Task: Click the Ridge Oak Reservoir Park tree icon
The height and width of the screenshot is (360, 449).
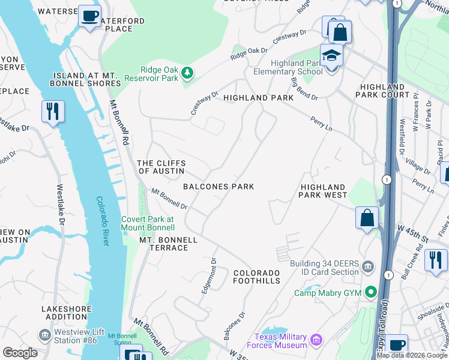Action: [188, 73]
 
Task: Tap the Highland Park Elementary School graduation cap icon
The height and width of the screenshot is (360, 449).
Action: [331, 56]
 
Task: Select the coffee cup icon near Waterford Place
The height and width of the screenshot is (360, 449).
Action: [90, 16]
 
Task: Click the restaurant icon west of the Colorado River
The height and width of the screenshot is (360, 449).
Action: [53, 112]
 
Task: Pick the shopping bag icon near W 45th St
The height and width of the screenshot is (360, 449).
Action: [367, 218]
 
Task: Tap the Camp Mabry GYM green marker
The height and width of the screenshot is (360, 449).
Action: [371, 293]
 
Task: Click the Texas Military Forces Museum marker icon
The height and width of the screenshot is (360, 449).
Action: [316, 341]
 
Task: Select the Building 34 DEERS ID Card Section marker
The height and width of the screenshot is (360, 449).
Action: [367, 265]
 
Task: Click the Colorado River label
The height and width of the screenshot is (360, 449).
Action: [103, 221]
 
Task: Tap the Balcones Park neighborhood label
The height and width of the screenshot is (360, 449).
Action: [218, 187]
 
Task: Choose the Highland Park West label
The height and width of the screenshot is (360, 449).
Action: [324, 191]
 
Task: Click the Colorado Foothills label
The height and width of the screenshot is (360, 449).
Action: [257, 277]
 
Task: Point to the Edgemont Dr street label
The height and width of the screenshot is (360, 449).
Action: [209, 276]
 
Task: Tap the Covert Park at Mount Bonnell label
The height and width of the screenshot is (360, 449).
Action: [148, 223]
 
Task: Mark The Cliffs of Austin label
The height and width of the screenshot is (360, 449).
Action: [161, 167]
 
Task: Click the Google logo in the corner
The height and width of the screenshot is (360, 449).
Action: [20, 353]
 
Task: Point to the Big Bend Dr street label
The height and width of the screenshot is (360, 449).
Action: [304, 88]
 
